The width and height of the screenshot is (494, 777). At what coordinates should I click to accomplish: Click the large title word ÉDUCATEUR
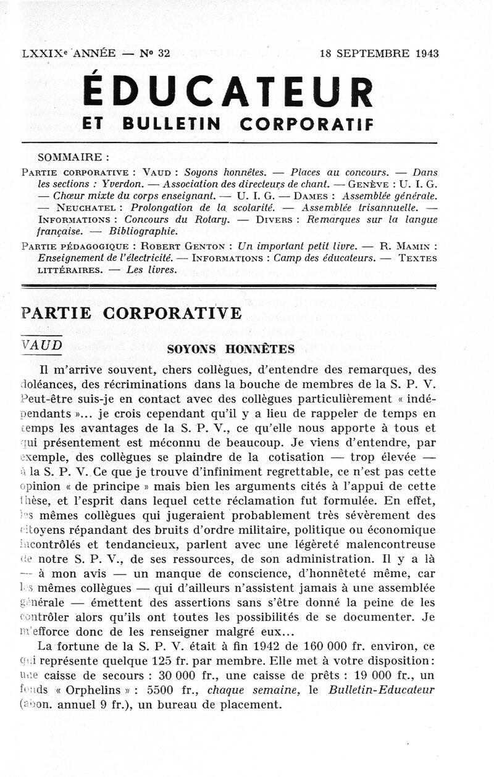228,91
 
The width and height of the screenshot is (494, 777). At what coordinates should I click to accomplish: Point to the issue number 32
164,53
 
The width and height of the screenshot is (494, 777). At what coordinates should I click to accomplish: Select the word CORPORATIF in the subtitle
306,124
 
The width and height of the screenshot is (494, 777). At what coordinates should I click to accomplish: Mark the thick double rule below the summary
228,286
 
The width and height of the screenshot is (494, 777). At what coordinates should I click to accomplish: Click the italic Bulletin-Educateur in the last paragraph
386,690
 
